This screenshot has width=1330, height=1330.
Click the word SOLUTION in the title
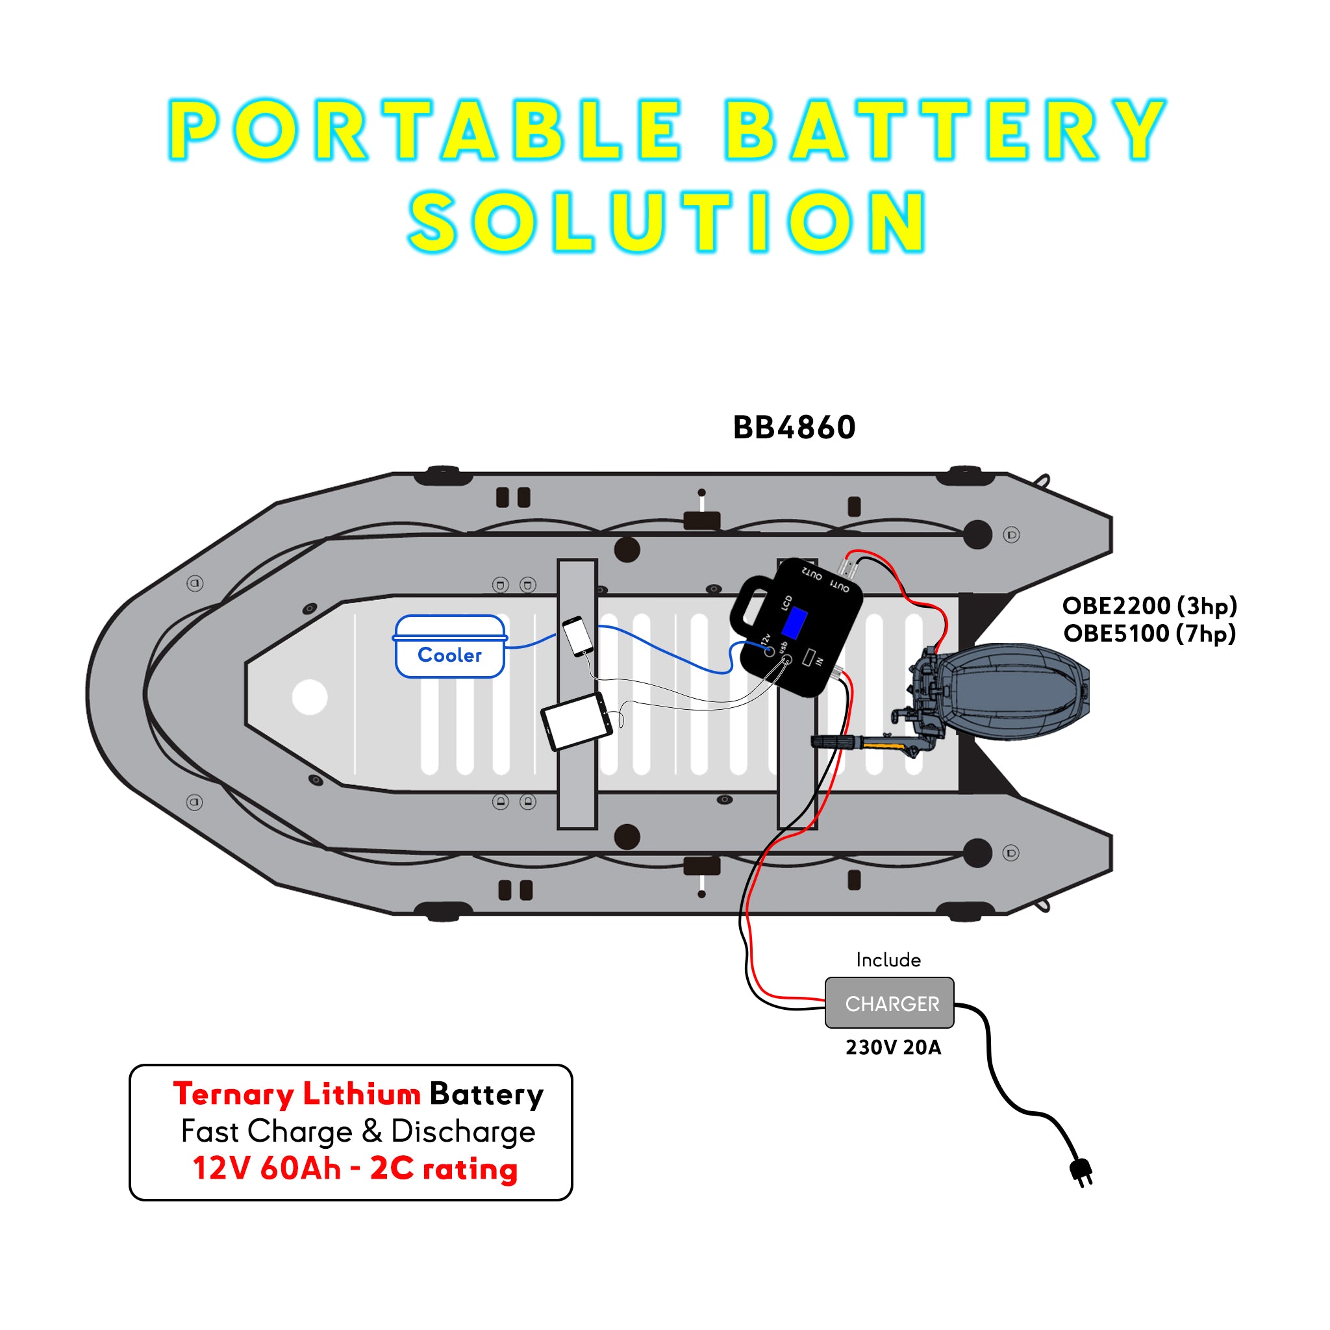pyautogui.click(x=666, y=221)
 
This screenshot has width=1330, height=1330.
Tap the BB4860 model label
pyautogui.click(x=794, y=427)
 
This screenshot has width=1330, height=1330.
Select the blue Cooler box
pyautogui.click(x=449, y=647)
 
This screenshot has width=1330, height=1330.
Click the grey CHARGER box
pyautogui.click(x=890, y=1003)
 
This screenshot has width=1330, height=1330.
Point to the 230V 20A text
pyautogui.click(x=893, y=1047)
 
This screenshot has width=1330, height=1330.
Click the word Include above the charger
pyautogui.click(x=888, y=960)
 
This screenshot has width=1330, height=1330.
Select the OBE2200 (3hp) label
pyautogui.click(x=1149, y=606)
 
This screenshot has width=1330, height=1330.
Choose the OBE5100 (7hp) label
pyautogui.click(x=1149, y=633)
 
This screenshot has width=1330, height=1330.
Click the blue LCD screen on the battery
pyautogui.click(x=794, y=623)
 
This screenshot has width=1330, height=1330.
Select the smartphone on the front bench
pyautogui.click(x=577, y=635)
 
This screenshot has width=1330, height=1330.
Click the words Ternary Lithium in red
pyautogui.click(x=297, y=1094)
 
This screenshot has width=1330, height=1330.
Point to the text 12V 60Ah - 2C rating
pyautogui.click(x=355, y=1168)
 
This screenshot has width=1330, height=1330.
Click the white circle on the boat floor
pyautogui.click(x=310, y=697)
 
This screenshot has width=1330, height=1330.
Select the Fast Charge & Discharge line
pyautogui.click(x=358, y=1131)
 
